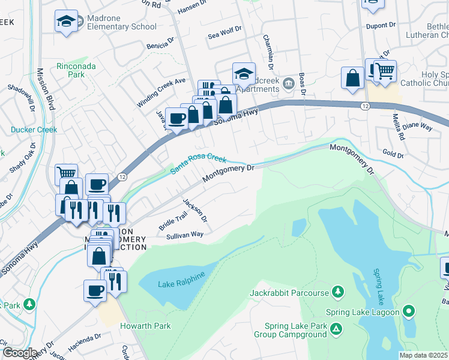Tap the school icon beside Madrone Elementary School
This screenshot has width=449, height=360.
66,22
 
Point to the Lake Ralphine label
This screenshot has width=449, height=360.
181,278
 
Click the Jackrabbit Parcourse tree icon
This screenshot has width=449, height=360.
339,292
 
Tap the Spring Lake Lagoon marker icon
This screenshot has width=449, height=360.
409,311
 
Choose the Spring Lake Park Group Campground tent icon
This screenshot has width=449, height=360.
337,329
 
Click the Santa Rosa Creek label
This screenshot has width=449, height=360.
198,163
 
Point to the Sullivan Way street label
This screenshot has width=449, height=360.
185,236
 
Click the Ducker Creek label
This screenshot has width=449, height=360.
34,130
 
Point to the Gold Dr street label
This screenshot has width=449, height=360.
393,154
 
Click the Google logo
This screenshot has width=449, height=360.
19,353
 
